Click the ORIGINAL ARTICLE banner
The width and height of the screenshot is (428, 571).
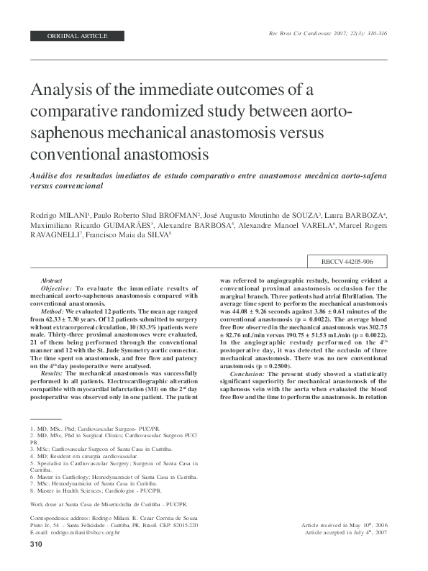77,35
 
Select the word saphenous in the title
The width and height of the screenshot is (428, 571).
69,133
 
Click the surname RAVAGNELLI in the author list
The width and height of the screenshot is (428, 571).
54,234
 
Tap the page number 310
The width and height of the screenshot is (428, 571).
37,545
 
